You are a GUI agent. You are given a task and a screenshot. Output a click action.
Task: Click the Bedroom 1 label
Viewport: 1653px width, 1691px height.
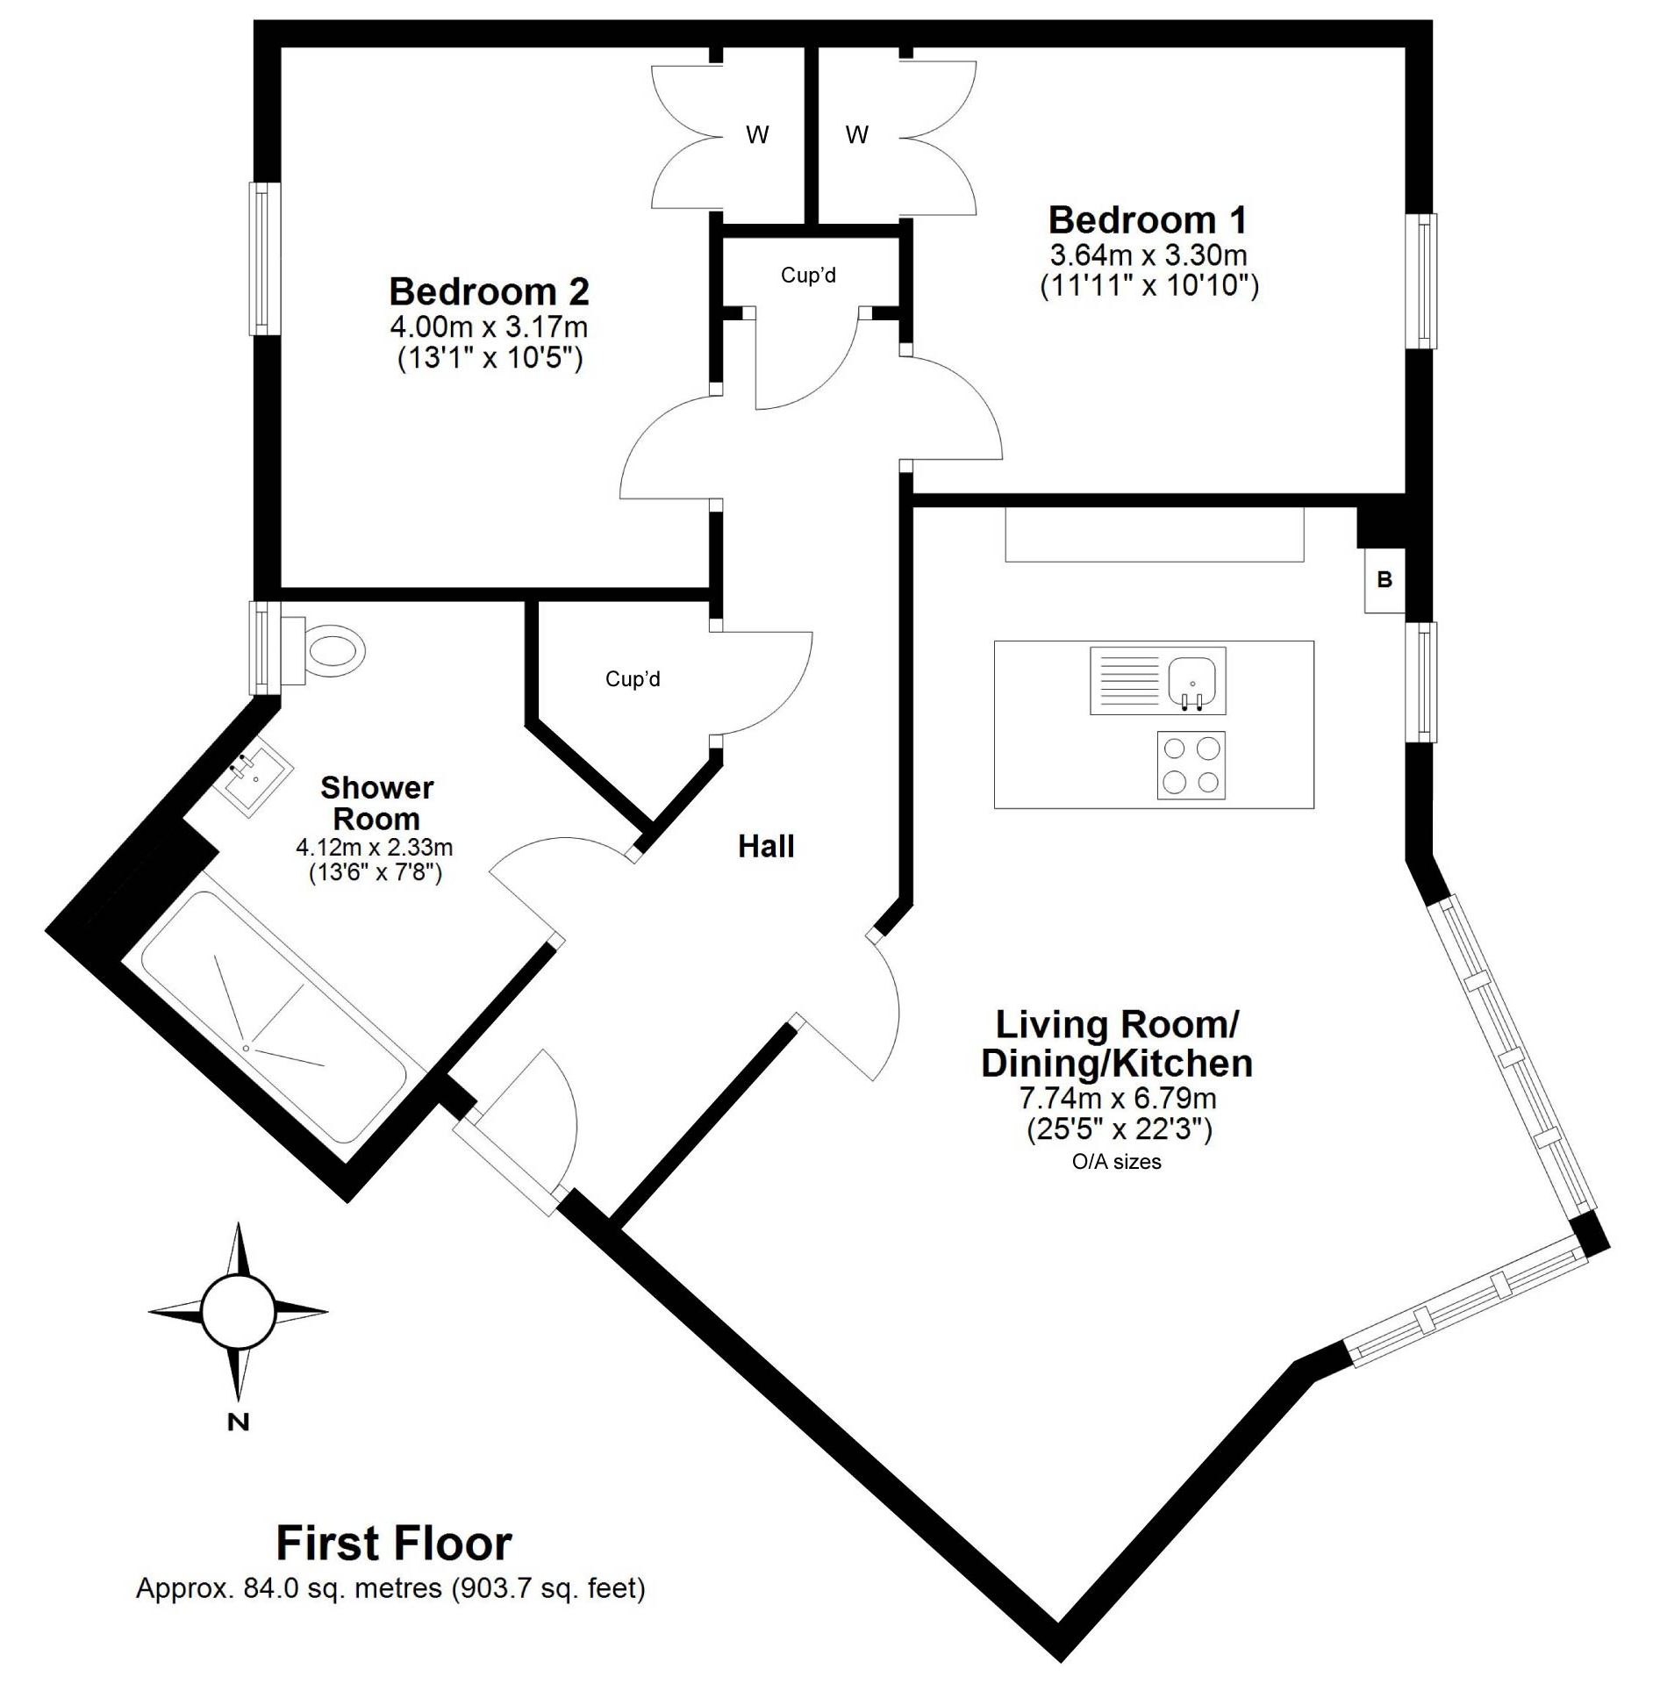(x=1148, y=219)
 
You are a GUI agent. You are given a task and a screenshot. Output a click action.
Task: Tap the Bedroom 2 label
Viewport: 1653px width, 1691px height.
(x=489, y=291)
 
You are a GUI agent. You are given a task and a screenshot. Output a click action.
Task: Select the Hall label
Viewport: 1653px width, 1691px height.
(x=766, y=846)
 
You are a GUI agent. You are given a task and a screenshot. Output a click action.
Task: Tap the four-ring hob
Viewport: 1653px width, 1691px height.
(x=1191, y=764)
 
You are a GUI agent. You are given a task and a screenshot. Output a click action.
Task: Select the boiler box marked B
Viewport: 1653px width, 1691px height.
(x=1385, y=579)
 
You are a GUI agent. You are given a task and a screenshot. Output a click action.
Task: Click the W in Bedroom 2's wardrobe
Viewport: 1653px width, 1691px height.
(x=757, y=135)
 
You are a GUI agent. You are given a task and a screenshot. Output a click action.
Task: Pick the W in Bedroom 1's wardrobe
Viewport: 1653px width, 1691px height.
(x=857, y=135)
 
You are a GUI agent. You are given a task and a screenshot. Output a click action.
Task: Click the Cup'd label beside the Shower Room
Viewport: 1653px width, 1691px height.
(x=633, y=679)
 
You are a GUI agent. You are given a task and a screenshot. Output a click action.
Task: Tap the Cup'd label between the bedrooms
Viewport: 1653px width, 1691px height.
(x=808, y=276)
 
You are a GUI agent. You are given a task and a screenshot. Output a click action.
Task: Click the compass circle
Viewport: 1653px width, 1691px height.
(x=238, y=1312)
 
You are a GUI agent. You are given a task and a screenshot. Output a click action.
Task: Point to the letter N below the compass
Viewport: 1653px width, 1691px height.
(x=238, y=1422)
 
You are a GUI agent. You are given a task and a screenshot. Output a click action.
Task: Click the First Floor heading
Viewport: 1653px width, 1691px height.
(x=394, y=1544)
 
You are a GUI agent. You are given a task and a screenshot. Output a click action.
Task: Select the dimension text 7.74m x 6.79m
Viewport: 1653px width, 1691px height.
(x=1117, y=1097)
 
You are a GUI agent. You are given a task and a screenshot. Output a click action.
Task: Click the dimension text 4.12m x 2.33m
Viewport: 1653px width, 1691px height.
(x=375, y=847)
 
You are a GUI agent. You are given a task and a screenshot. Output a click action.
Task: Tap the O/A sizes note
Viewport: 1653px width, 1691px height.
(x=1117, y=1162)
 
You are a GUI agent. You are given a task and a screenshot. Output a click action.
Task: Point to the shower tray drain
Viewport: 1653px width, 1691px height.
(x=247, y=1048)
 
